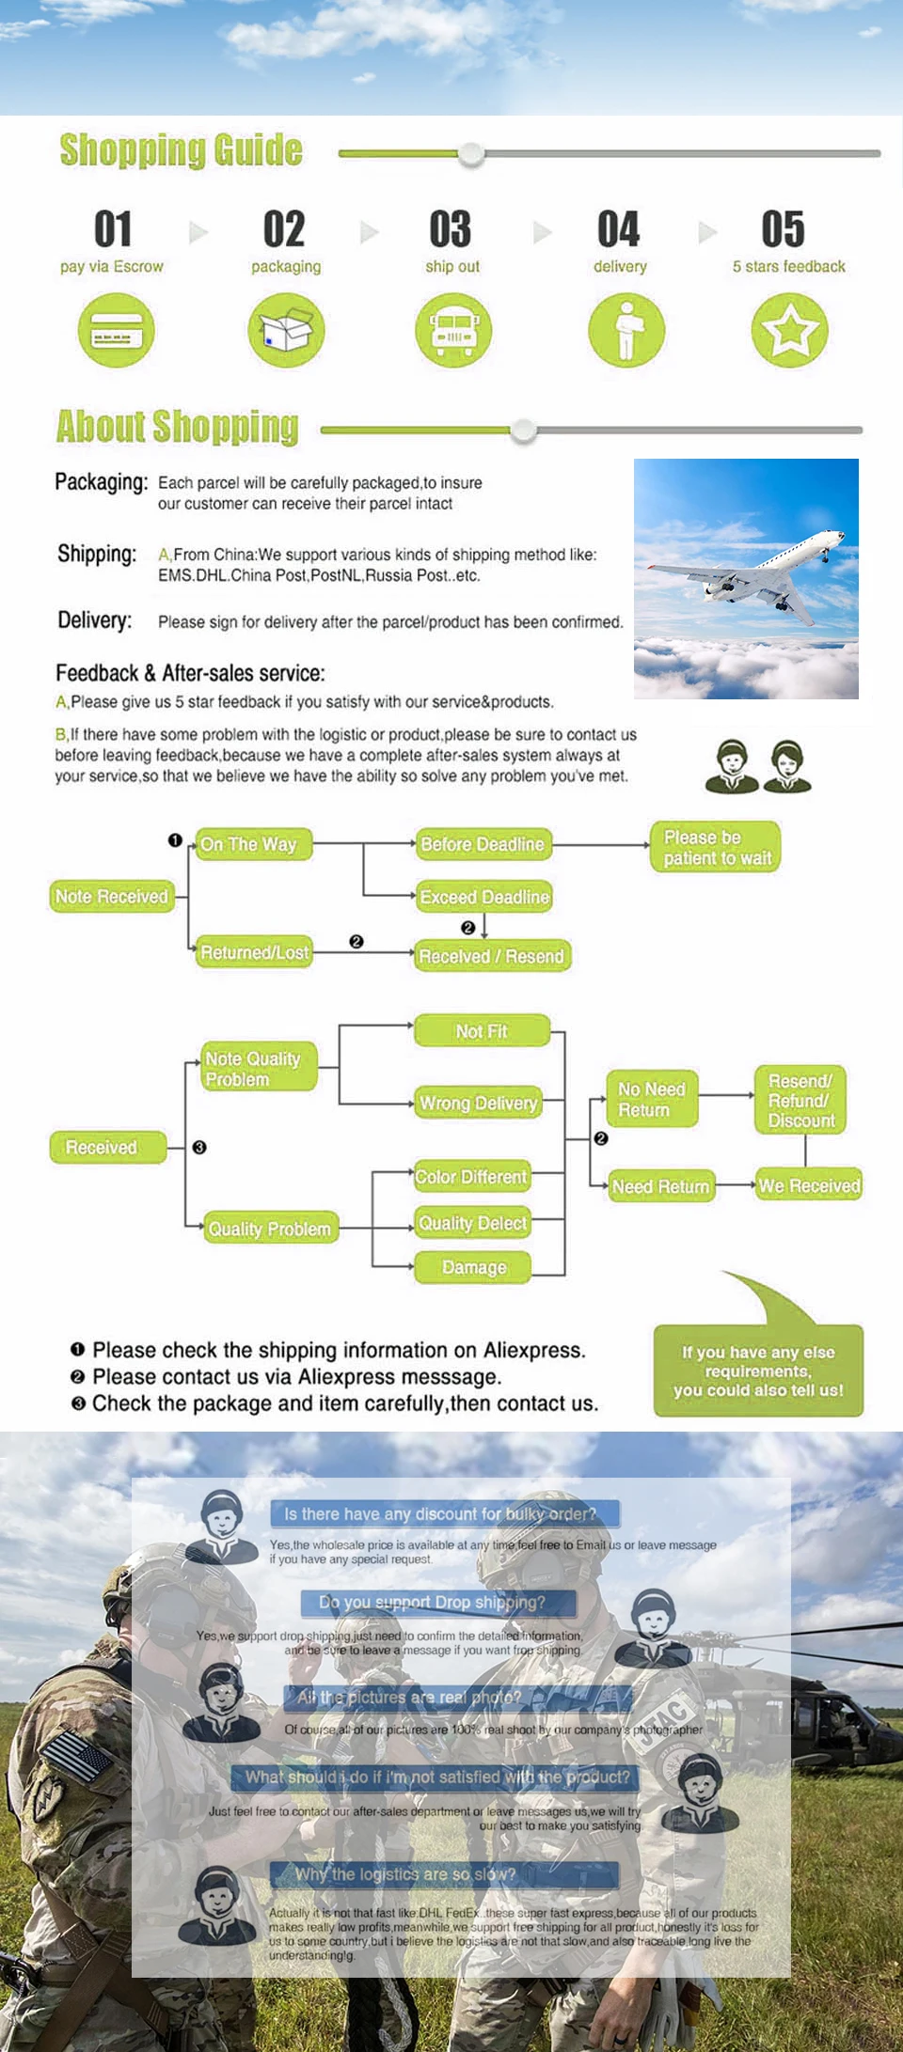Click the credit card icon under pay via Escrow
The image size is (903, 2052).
116,330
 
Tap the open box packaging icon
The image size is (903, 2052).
286,330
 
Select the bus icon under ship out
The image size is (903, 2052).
452,330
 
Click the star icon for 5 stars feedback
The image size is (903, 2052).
789,330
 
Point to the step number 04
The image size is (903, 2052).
618,229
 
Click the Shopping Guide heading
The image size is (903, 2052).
181,150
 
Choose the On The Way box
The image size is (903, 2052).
249,844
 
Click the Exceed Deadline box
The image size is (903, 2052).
483,897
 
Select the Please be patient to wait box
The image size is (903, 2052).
716,847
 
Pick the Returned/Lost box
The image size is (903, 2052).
254,952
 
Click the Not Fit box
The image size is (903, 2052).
482,1031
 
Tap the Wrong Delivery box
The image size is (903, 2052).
478,1103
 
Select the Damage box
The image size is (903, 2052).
473,1267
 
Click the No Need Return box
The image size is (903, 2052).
651,1099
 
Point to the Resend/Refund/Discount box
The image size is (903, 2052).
800,1100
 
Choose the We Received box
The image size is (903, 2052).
809,1186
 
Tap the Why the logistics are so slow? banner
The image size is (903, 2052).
444,1874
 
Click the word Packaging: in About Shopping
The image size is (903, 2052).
101,482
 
